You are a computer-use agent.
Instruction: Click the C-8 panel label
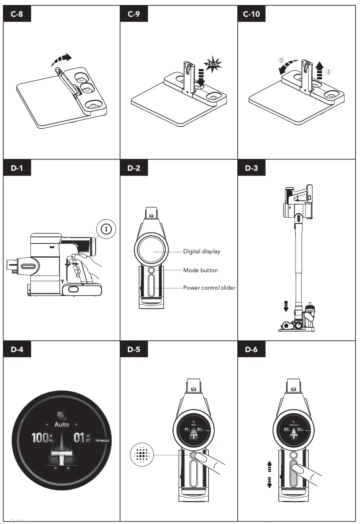17,14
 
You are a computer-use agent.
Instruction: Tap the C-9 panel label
134,14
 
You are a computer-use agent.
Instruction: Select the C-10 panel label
251,14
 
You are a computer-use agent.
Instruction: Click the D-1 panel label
17,168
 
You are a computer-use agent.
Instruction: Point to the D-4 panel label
17,349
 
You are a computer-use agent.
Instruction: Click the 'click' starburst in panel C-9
212,64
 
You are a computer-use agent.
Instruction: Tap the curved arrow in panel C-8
61,59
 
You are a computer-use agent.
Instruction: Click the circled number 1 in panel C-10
329,72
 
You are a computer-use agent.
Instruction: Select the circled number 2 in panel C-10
281,61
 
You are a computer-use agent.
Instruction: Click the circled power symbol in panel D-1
106,229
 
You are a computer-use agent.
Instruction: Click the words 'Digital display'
202,251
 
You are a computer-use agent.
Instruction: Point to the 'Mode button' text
201,270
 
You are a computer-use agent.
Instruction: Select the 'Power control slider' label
209,288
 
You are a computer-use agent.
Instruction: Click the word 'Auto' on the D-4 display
61,424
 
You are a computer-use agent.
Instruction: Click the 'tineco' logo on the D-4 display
102,440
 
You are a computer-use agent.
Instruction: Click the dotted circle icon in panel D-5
142,455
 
